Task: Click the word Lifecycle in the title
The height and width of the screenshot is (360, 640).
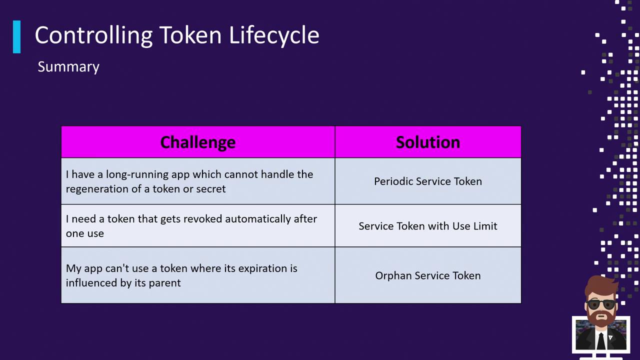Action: click(274, 35)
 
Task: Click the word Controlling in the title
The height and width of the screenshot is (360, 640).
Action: click(93, 35)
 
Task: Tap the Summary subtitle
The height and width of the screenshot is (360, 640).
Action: click(68, 67)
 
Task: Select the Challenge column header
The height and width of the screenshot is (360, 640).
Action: click(197, 142)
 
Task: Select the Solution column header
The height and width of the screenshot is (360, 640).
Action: click(428, 142)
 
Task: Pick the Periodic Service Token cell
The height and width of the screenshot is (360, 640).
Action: click(428, 181)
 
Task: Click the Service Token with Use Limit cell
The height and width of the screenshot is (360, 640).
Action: click(428, 226)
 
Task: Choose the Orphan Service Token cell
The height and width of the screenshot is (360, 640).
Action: click(428, 275)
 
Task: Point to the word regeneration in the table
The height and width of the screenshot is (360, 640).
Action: click(97, 189)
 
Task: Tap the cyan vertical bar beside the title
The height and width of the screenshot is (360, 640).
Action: click(17, 37)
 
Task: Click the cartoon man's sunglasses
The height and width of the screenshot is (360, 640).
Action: click(601, 304)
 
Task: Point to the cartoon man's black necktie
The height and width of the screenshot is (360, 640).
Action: click(601, 341)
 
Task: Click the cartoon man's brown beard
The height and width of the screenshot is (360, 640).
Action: click(601, 317)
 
